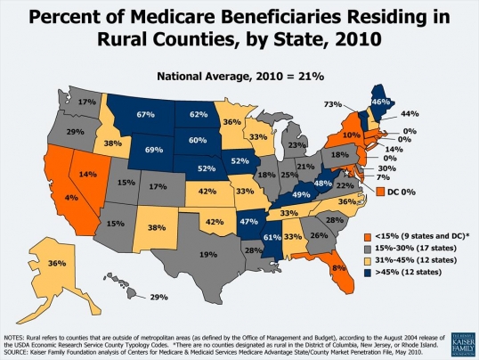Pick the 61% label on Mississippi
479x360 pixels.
271,236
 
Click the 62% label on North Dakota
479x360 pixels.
199,115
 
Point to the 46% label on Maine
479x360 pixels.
381,102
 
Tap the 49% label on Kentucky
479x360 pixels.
300,194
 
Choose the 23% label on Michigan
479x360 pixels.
296,144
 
